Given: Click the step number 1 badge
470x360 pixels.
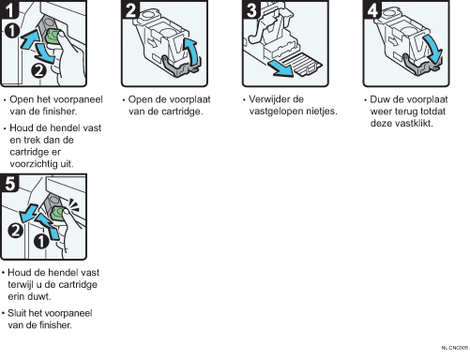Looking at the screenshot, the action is click(9, 9).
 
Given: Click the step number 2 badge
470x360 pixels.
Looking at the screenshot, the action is click(130, 9).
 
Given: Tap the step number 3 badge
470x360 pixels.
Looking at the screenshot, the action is click(251, 9).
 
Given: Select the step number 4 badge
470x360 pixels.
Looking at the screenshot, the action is click(372, 9).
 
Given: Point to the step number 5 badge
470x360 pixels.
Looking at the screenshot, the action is click(9, 183).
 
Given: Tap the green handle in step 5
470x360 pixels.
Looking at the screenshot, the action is click(57, 213).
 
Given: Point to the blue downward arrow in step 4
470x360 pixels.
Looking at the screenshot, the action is click(433, 49).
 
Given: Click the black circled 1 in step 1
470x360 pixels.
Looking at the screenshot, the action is click(12, 31).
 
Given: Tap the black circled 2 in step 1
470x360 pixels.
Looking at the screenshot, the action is click(38, 70).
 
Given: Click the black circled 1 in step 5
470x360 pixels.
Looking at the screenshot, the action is click(41, 241).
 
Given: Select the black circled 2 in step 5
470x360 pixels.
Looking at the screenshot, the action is click(15, 231).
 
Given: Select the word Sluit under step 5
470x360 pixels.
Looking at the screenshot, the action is click(17, 313).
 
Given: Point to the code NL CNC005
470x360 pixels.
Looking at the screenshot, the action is click(455, 348).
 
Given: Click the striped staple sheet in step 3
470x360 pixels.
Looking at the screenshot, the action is click(300, 64).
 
